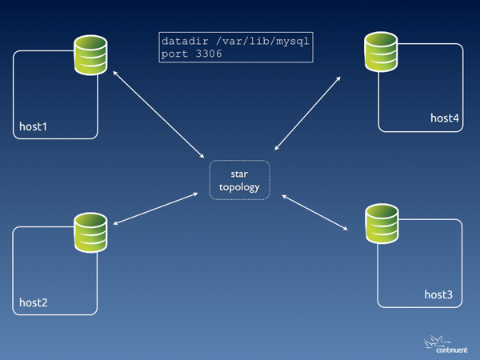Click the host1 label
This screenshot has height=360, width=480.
click(34, 126)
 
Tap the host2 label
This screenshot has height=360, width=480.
click(34, 303)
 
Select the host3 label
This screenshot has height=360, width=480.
click(438, 295)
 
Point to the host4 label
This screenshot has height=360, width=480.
click(445, 118)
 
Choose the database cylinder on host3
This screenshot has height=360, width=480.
click(382, 224)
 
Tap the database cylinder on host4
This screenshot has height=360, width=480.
click(382, 51)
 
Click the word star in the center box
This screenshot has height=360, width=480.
click(240, 174)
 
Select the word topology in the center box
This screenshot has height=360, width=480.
click(240, 186)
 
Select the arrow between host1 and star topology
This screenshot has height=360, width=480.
click(158, 114)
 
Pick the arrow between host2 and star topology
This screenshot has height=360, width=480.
click(155, 208)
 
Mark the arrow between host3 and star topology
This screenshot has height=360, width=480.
click(315, 212)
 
